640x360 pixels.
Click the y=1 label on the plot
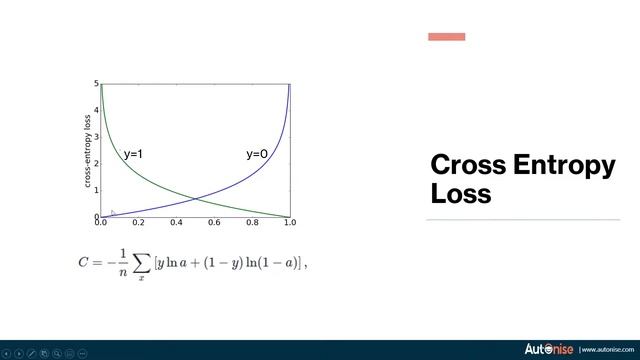pos(134,154)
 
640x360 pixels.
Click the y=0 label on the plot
pos(257,154)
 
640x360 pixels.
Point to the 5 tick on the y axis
pos(96,84)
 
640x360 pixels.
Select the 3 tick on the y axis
pos(96,137)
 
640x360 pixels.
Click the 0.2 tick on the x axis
pos(138,223)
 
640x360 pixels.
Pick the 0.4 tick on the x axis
pos(176,223)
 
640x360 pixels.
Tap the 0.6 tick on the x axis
pos(214,223)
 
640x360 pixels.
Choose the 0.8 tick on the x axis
pos(252,223)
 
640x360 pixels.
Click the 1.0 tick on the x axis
pos(290,223)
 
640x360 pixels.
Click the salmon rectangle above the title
pos(446,37)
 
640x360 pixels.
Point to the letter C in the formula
pos(84,262)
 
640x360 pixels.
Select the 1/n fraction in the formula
pos(121,262)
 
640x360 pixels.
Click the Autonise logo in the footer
pos(549,349)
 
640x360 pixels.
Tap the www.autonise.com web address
pos(607,350)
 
